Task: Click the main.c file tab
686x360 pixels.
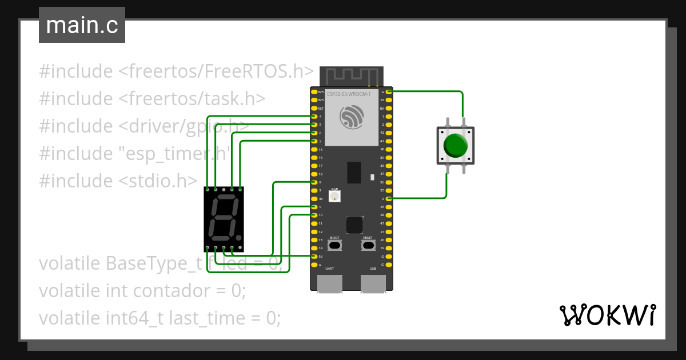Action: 82,25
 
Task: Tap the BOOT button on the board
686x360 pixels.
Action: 335,245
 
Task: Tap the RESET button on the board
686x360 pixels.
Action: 368,245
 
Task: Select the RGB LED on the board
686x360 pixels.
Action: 335,196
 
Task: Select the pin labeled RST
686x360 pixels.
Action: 314,108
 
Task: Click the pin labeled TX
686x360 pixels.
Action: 389,100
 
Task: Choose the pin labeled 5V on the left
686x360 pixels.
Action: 314,257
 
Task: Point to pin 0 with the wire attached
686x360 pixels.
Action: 389,198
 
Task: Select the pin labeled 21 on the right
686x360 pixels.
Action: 389,231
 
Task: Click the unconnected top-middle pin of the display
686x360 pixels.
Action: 224,189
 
